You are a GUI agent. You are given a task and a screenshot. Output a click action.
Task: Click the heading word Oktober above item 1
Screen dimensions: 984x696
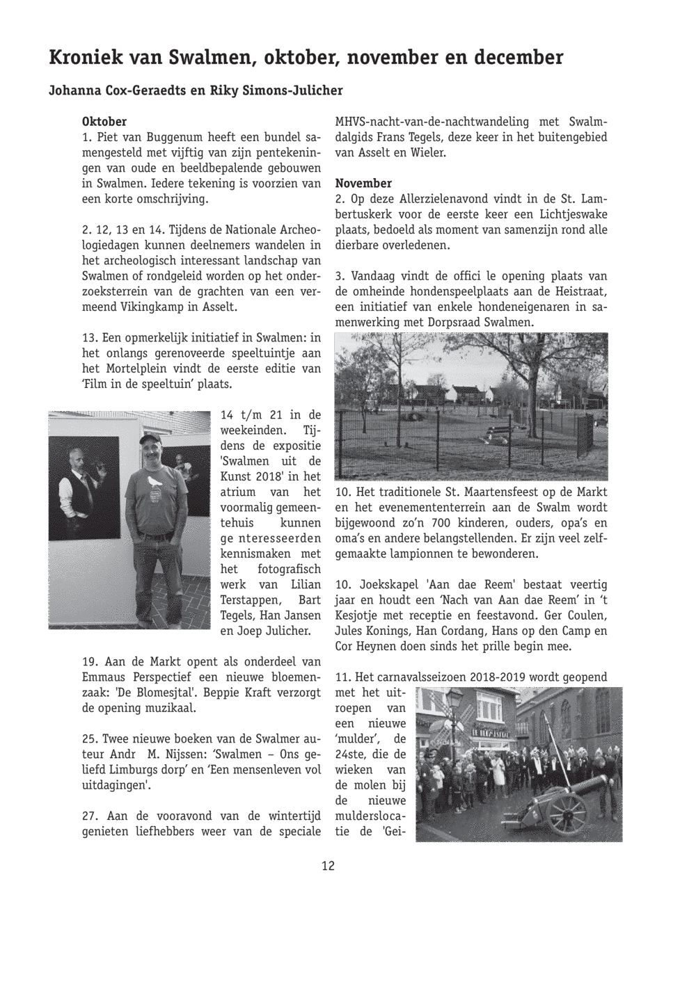pos(104,122)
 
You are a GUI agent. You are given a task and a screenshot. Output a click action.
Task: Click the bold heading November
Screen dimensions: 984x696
pos(363,184)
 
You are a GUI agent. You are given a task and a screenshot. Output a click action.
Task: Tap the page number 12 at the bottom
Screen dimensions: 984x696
pos(328,866)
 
